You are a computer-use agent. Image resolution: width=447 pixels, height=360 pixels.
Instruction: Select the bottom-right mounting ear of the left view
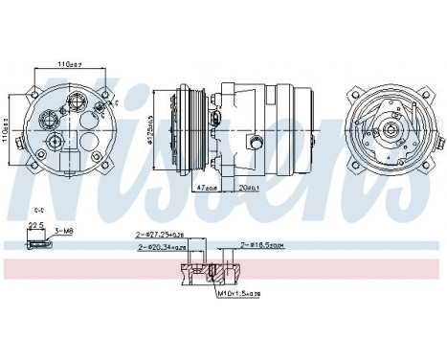point(103,157)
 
